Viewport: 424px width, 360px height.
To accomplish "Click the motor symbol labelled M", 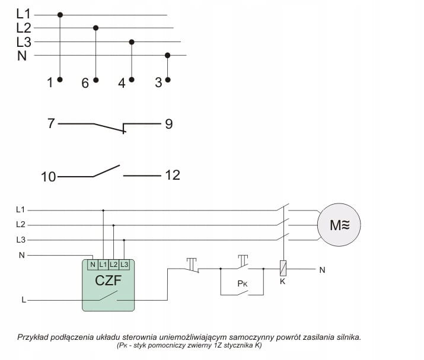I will coord(340,225).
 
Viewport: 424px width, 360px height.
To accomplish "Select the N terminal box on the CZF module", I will coord(93,264).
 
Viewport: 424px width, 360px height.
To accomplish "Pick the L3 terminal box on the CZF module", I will coord(124,264).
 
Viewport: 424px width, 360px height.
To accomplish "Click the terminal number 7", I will coord(51,124).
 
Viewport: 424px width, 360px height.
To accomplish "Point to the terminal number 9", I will coord(168,125).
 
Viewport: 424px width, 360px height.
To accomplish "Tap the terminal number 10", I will coord(48,176).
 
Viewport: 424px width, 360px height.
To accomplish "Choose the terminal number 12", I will coord(172,176).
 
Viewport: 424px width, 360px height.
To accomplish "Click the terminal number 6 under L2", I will coord(85,84).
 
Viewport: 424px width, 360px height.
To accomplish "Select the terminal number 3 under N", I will coord(158,83).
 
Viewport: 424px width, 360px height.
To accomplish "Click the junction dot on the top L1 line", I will coord(60,13).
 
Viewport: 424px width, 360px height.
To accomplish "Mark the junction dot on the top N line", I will coord(168,55).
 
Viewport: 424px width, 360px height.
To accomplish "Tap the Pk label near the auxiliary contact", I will coord(243,283).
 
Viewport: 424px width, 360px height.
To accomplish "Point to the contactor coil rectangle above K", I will coord(283,267).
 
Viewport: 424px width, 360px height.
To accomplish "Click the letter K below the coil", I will coord(283,281).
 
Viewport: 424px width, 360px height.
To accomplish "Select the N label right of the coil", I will coord(322,270).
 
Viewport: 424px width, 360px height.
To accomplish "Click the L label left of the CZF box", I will coord(24,300).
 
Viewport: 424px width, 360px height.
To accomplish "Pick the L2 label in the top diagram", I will coord(24,27).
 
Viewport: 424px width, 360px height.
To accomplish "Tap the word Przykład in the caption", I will coord(33,337).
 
